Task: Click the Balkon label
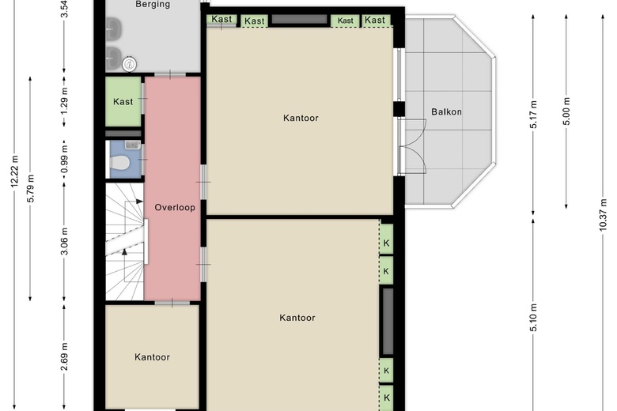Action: pos(446,111)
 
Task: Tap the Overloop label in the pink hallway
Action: pos(175,207)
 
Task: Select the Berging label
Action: pos(153,4)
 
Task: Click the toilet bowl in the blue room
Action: pos(119,163)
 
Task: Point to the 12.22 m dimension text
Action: pos(14,172)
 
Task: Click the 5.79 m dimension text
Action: pos(31,188)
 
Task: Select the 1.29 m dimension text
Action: pos(65,100)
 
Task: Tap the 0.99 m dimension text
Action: pos(65,159)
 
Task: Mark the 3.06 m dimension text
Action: pos(65,241)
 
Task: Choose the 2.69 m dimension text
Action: pos(65,356)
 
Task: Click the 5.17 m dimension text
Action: pos(533,115)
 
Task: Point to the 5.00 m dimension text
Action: pos(566,111)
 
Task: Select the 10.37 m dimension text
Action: pos(603,215)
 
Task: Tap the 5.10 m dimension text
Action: pos(533,318)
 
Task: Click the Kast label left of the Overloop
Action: pos(123,101)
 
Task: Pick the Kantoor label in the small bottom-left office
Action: pos(153,357)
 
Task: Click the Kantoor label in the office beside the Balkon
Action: pos(301,118)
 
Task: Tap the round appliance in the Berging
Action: pos(130,64)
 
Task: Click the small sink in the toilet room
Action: pos(133,145)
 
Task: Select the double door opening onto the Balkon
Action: pos(412,146)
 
